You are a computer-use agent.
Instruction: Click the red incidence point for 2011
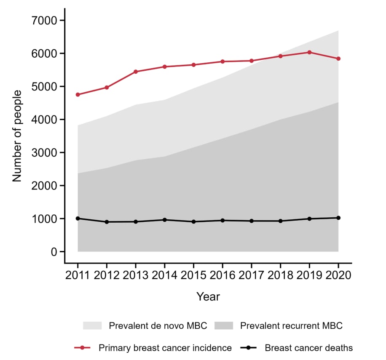78,95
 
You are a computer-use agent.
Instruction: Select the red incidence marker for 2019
309,52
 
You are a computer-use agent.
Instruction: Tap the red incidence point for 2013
136,72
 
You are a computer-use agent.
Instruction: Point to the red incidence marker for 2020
338,59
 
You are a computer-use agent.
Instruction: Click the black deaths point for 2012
107,222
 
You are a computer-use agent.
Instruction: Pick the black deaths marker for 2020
338,218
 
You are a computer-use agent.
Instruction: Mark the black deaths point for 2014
164,220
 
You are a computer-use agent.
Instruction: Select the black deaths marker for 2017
252,221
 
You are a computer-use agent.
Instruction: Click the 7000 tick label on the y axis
46,21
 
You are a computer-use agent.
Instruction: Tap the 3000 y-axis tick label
46,153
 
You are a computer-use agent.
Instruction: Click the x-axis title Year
208,297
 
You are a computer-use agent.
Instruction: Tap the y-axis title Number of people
17,136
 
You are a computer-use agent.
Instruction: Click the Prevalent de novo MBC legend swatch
92,326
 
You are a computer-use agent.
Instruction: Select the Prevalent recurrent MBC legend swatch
224,326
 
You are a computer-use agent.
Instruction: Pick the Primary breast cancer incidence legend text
165,348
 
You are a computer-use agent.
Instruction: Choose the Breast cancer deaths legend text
309,348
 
